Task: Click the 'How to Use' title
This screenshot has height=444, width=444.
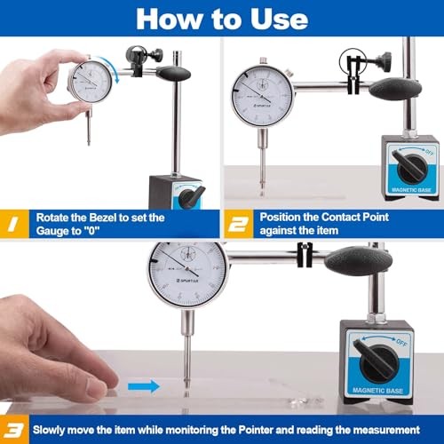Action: point(222,18)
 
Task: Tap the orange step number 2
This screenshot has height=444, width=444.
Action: point(237,222)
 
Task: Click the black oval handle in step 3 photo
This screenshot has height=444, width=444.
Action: point(358,261)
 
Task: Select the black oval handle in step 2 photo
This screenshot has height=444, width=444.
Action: point(396,87)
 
